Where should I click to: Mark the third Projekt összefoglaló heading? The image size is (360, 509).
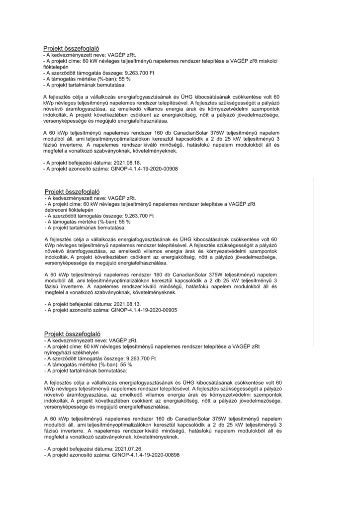coord(73,334)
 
